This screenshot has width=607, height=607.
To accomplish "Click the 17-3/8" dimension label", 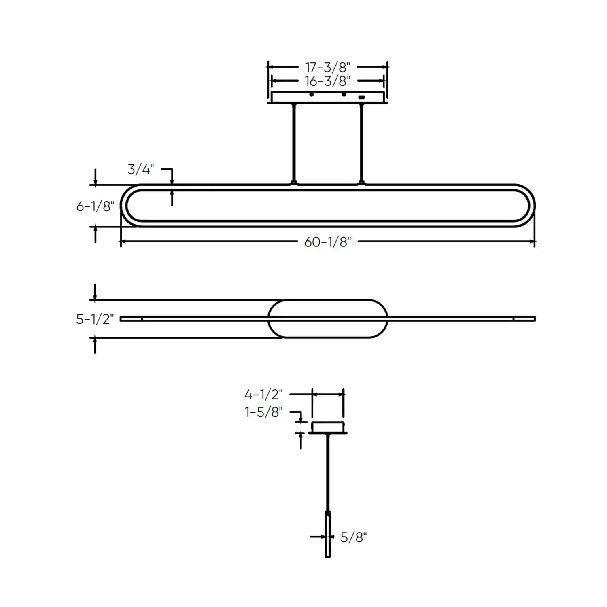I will click(327, 67).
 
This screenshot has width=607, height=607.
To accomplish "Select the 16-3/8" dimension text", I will click(327, 81).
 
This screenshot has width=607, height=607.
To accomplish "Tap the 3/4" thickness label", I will click(140, 170).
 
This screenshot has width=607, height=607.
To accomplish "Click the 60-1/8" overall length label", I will click(327, 242).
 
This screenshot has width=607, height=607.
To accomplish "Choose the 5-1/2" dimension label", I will click(95, 319).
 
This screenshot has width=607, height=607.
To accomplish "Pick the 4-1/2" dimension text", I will click(263, 394).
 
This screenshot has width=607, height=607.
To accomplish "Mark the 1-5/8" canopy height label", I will click(263, 412).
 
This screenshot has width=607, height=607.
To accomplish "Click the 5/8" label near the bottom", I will click(353, 537).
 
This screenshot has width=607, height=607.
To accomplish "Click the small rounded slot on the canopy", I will click(361, 97).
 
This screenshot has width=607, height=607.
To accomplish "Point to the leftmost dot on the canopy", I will click(311, 95).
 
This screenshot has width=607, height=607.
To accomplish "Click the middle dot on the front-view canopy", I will click(344, 95).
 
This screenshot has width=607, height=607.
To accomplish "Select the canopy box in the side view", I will click(327, 427).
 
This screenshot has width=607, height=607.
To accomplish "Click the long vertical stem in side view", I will click(328, 471).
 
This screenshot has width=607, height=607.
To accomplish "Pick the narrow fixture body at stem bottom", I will click(328, 534).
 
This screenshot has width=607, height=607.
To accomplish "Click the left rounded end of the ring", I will click(124, 206).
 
